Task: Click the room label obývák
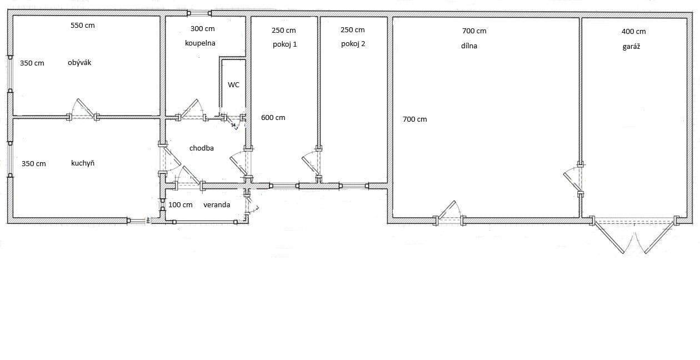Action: tap(79, 63)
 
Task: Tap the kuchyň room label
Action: tap(82, 163)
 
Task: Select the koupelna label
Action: tap(200, 43)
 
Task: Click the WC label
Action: tap(233, 85)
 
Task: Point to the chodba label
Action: tap(201, 148)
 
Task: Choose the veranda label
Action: tap(217, 204)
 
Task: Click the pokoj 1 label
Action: tap(284, 44)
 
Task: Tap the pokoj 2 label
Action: tap(353, 44)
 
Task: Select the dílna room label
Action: tap(469, 46)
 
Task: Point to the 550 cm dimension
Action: tap(83, 26)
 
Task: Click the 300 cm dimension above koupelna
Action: tap(202, 29)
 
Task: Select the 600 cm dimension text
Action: tap(273, 118)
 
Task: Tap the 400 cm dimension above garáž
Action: tap(633, 32)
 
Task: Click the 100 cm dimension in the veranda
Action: tap(181, 204)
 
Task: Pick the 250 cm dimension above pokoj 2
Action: tap(353, 30)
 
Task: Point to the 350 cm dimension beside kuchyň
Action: tap(34, 164)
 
